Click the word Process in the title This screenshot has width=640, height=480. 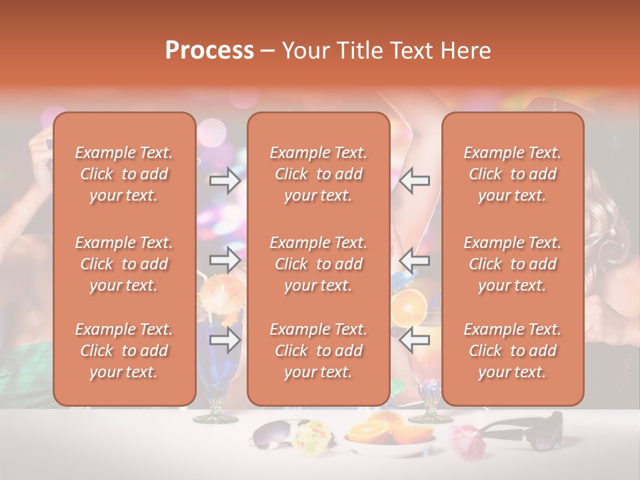pyautogui.click(x=209, y=51)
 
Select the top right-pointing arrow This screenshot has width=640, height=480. pyautogui.click(x=225, y=180)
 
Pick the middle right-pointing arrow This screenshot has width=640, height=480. pyautogui.click(x=225, y=259)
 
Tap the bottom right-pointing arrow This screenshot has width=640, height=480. pyautogui.click(x=225, y=340)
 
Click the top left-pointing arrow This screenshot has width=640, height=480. pyautogui.click(x=415, y=180)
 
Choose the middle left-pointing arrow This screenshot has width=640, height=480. pyautogui.click(x=415, y=259)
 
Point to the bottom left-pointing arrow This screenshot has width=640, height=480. pyautogui.click(x=415, y=340)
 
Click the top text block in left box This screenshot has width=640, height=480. pyautogui.click(x=124, y=174)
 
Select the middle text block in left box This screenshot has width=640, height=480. pyautogui.click(x=124, y=264)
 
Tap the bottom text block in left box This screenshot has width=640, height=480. pyautogui.click(x=124, y=351)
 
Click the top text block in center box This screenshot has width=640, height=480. pyautogui.click(x=318, y=174)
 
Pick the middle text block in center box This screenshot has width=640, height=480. pyautogui.click(x=318, y=264)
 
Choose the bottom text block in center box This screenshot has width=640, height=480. pyautogui.click(x=318, y=351)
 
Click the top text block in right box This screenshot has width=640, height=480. pyautogui.click(x=512, y=174)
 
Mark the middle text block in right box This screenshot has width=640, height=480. pyautogui.click(x=512, y=264)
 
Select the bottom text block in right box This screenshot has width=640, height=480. pyautogui.click(x=512, y=351)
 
